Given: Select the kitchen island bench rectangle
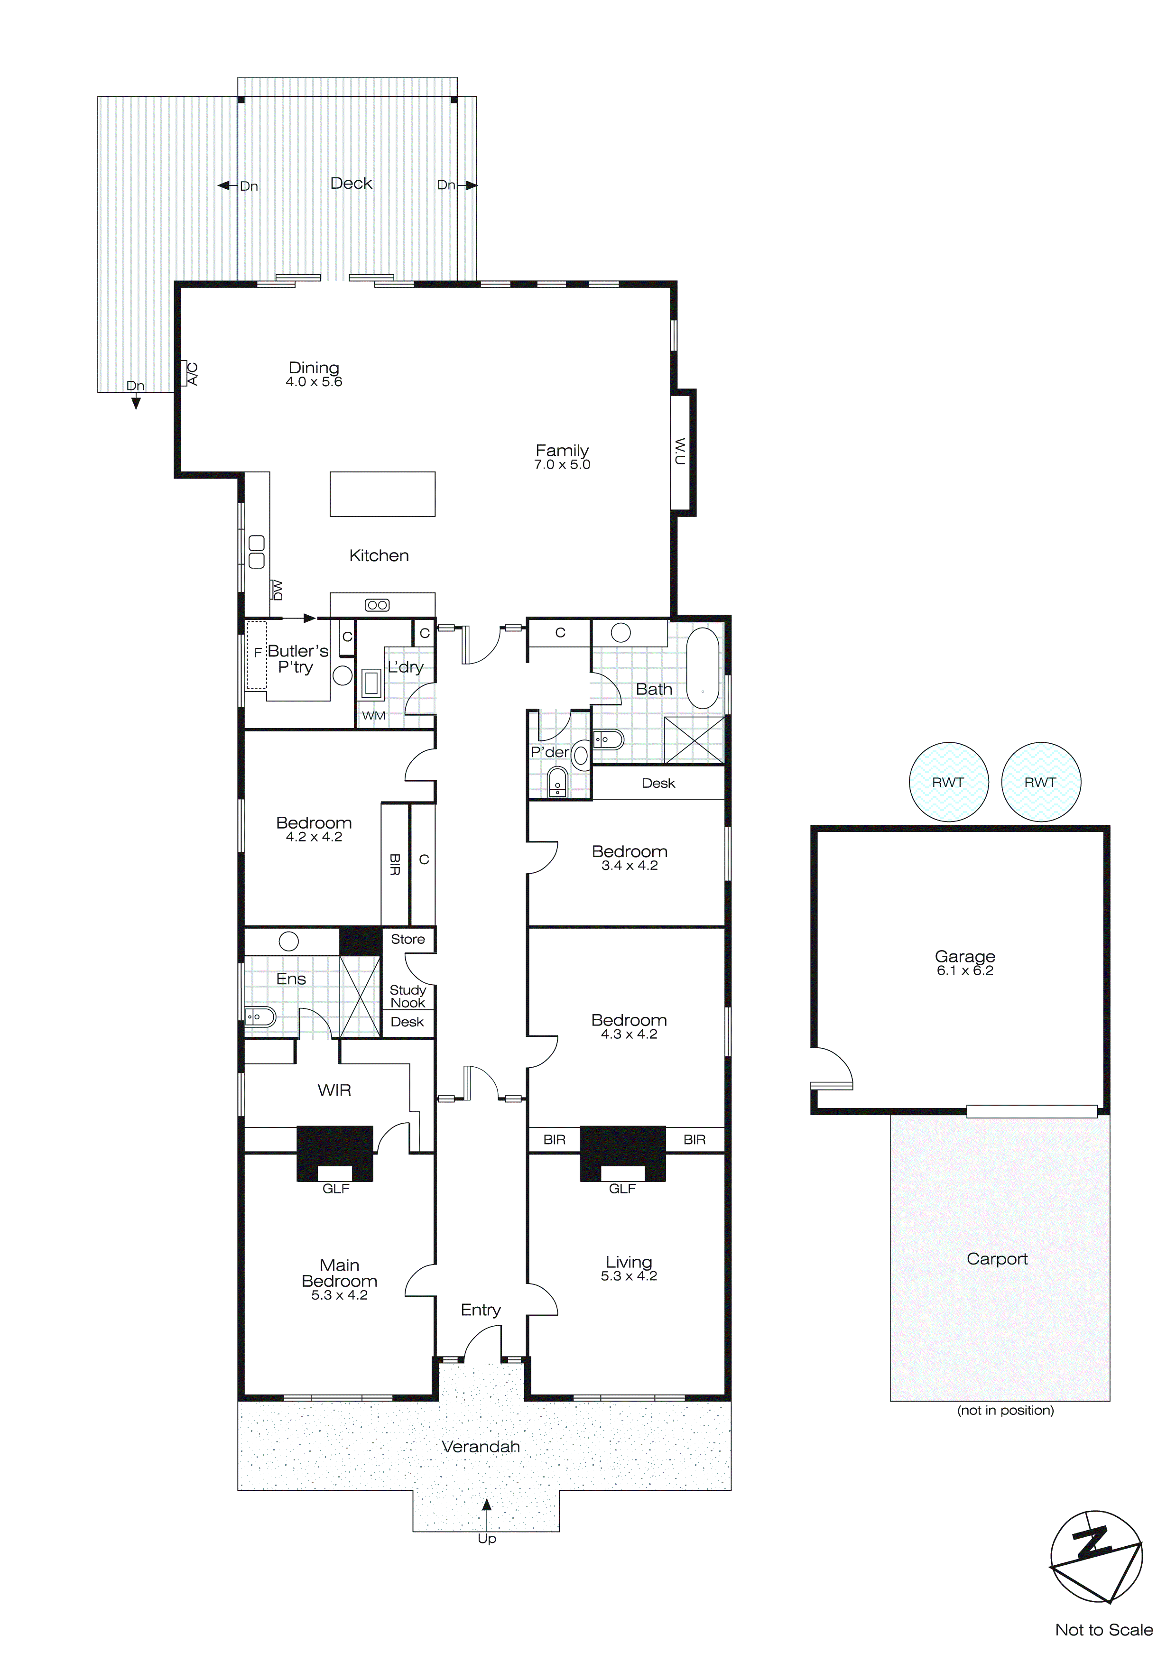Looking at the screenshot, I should tap(382, 494).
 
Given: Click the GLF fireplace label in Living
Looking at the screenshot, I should tap(622, 1188).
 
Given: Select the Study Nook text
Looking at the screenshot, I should tap(407, 996).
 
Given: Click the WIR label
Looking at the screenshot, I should tap(334, 1090).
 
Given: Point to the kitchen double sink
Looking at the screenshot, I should tap(256, 552).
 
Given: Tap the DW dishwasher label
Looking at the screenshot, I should tap(277, 590).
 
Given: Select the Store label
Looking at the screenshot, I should tap(407, 939).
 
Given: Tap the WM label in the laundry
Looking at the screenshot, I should tap(374, 715).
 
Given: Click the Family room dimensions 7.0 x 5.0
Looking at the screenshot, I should tap(562, 465).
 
